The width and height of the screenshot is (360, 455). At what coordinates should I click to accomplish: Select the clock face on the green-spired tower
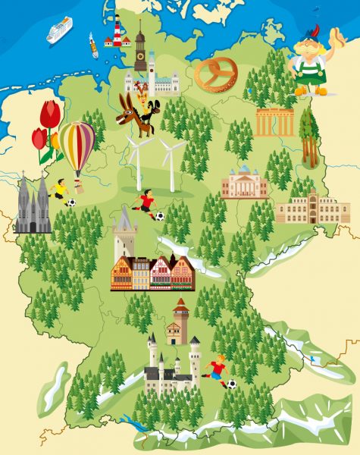[139, 55]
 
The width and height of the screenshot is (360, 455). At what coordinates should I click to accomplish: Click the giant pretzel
[216, 75]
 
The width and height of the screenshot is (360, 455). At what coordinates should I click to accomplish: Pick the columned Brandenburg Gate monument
[274, 121]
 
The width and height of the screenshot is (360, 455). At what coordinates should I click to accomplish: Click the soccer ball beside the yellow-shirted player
[70, 203]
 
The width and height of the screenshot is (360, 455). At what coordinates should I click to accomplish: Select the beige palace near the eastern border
[312, 206]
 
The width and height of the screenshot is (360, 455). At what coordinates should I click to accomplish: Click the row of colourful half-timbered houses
[152, 273]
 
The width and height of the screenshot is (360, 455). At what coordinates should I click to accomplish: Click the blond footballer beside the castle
[218, 371]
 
